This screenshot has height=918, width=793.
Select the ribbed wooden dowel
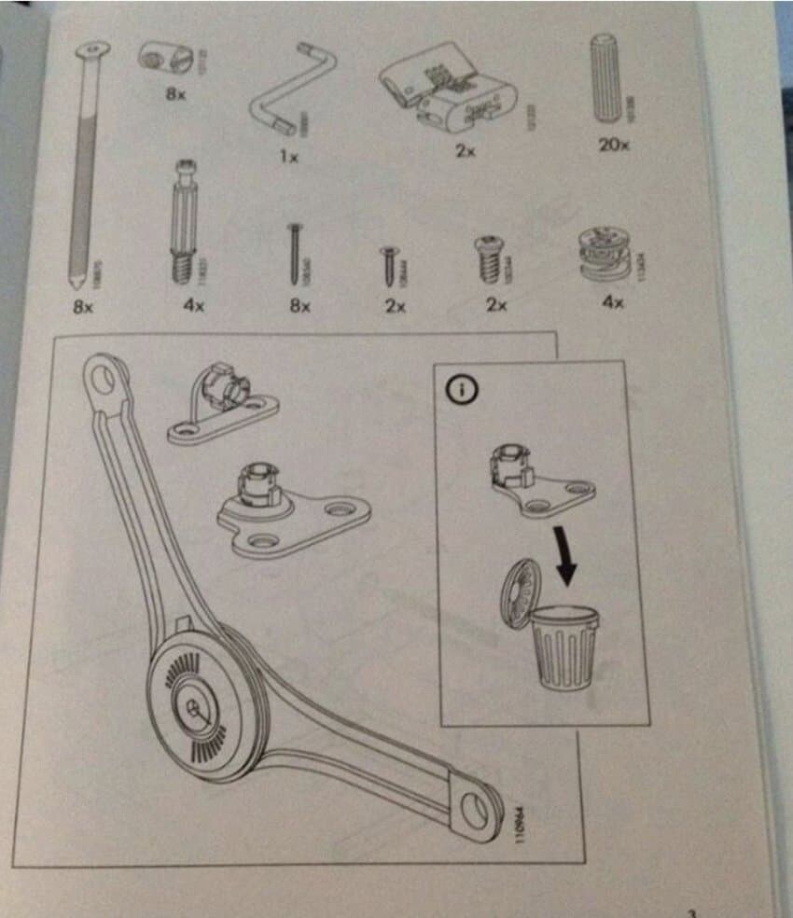click(606, 80)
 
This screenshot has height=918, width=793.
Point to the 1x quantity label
click(289, 157)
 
